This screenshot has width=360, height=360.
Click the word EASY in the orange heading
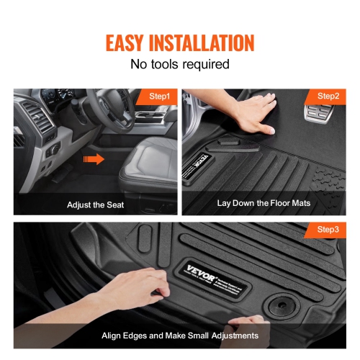tap(130, 42)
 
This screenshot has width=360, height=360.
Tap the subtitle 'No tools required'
tap(180, 64)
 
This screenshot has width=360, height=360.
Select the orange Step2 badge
tap(328, 96)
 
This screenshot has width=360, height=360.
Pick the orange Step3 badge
tap(328, 230)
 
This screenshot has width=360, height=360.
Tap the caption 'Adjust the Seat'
tap(95, 204)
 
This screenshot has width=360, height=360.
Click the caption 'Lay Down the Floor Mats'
tap(264, 203)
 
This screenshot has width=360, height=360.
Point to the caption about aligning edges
tap(180, 336)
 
